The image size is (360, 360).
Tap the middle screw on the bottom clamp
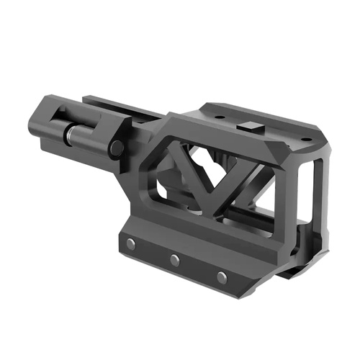pyautogui.click(x=175, y=260)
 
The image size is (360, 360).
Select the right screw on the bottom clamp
pyautogui.click(x=222, y=277)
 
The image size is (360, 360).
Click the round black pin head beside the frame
pyautogui.click(x=115, y=148)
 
